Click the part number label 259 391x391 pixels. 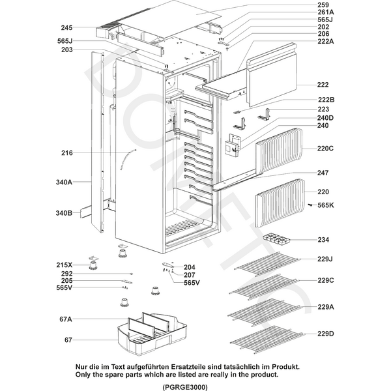pyautogui.click(x=323, y=5)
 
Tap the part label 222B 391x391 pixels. pyautogui.click(x=326, y=99)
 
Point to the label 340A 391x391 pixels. pyautogui.click(x=63, y=183)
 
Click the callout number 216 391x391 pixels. pyautogui.click(x=66, y=153)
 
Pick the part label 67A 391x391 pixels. pyautogui.click(x=65, y=319)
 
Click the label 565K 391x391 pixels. pyautogui.click(x=326, y=205)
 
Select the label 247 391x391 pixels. pyautogui.click(x=323, y=173)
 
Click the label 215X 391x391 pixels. pyautogui.click(x=65, y=265)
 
